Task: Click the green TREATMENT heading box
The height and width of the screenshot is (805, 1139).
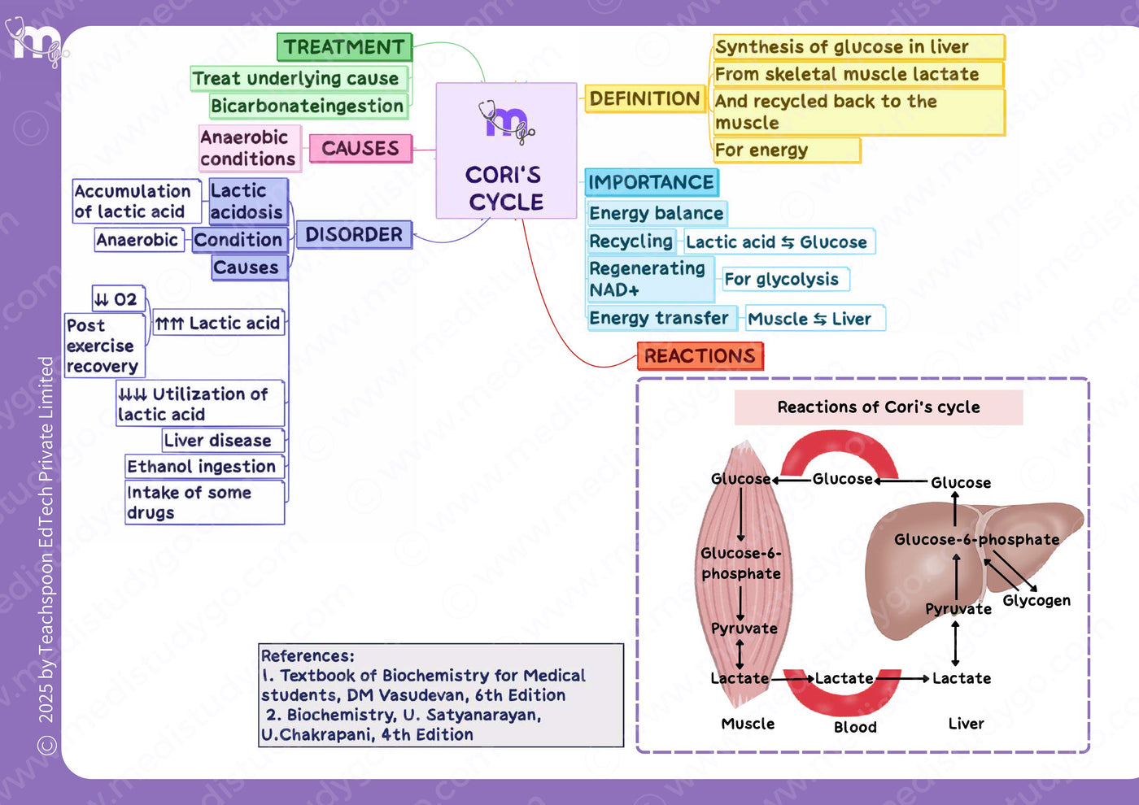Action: coord(344,47)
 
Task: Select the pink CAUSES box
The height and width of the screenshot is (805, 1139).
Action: coord(360,148)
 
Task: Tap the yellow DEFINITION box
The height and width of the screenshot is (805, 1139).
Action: coord(644,98)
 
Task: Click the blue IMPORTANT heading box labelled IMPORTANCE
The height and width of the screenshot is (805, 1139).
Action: coord(652,182)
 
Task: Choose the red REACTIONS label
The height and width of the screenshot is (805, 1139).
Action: coord(700,356)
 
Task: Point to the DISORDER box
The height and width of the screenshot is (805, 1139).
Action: coord(354,235)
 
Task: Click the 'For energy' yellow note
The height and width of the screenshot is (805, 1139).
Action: coord(787,150)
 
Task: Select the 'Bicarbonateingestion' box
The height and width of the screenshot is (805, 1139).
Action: coord(308,107)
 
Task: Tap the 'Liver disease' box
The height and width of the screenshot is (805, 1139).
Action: coord(223,440)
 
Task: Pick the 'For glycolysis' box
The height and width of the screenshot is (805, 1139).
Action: coord(785,279)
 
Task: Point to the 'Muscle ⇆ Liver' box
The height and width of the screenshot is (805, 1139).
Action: coord(815,319)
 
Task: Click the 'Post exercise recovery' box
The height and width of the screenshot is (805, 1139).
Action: coord(105,346)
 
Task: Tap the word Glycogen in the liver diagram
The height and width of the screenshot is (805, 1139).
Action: coord(1036,600)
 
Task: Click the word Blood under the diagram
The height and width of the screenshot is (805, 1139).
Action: coord(855,727)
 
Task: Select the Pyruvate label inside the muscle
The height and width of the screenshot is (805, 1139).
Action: coord(744,629)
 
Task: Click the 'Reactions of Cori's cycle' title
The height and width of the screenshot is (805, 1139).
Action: coord(878,407)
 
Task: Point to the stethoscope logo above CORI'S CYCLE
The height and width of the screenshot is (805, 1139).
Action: coord(506,122)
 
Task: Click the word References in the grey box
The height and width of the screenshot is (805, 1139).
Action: coord(308,655)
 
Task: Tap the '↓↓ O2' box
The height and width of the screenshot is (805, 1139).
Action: coord(119,298)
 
